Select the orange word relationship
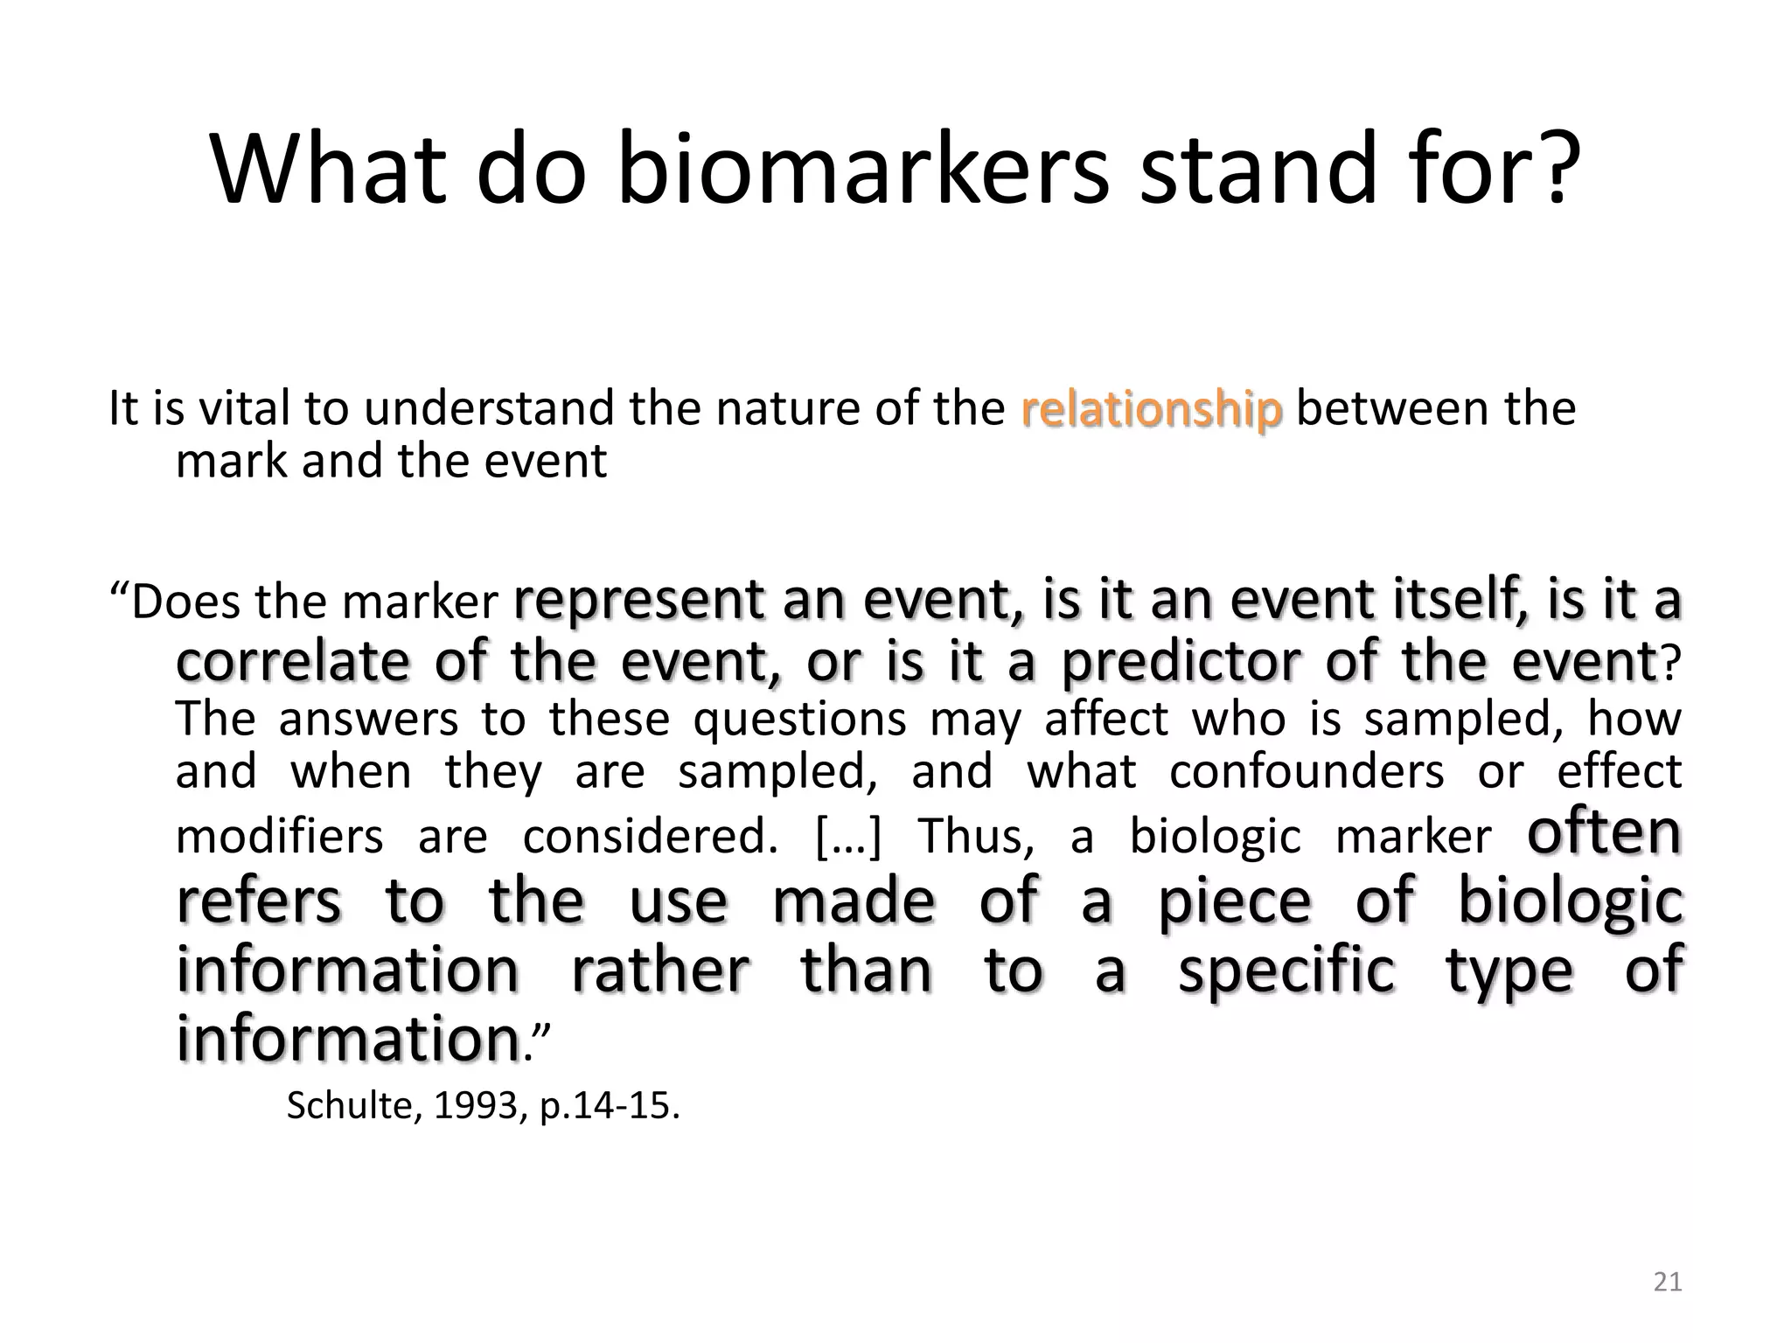(1151, 409)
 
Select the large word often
(1604, 832)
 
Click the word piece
(1235, 901)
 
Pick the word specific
(1286, 971)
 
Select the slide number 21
(1668, 1282)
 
